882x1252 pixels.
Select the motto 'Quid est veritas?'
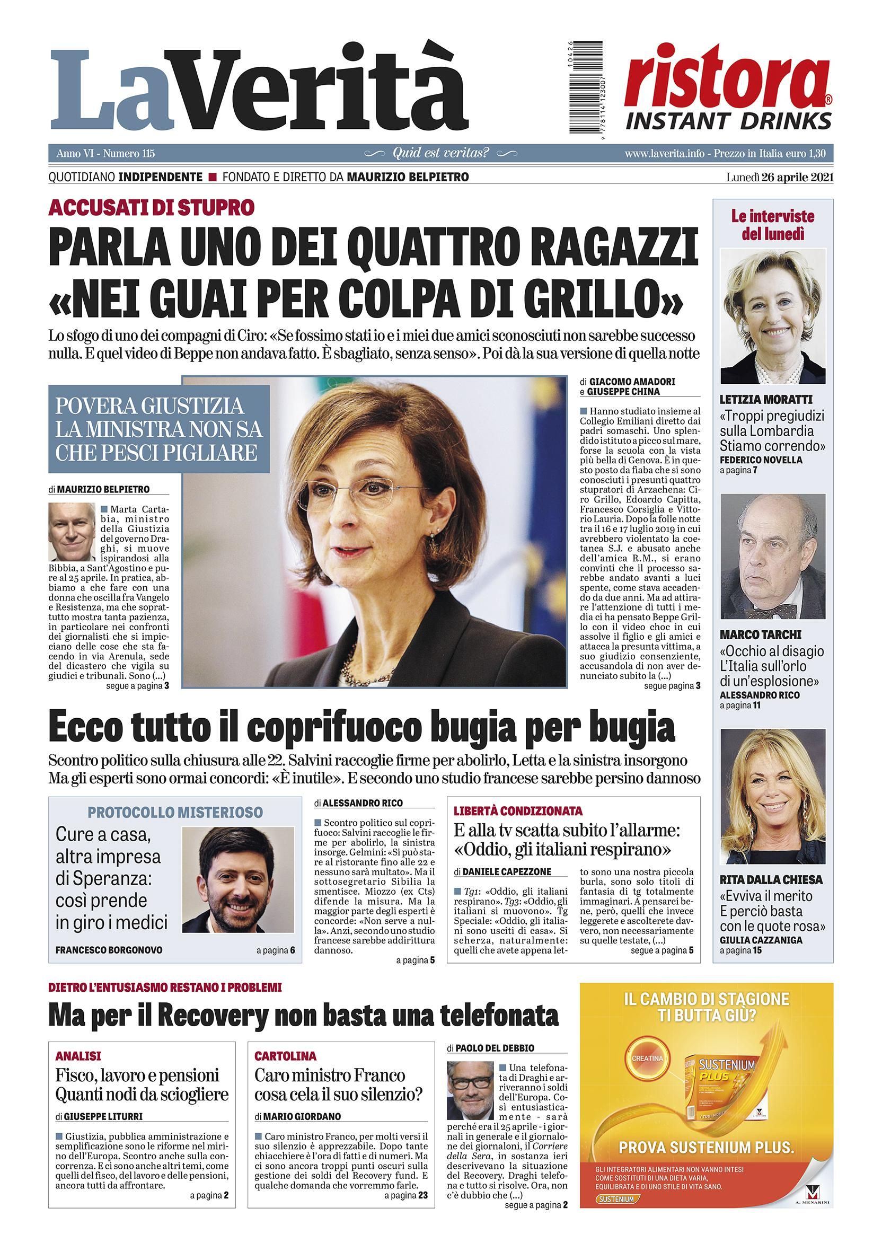point(440,153)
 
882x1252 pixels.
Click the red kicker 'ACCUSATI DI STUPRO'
point(152,207)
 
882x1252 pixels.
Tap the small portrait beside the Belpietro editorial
point(71,532)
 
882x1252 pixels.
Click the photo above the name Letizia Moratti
point(772,316)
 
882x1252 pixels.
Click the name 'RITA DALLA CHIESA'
point(771,880)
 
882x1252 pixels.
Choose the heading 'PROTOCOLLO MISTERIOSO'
point(175,812)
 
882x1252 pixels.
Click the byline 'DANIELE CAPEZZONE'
point(506,872)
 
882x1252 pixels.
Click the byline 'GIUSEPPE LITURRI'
point(103,1116)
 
